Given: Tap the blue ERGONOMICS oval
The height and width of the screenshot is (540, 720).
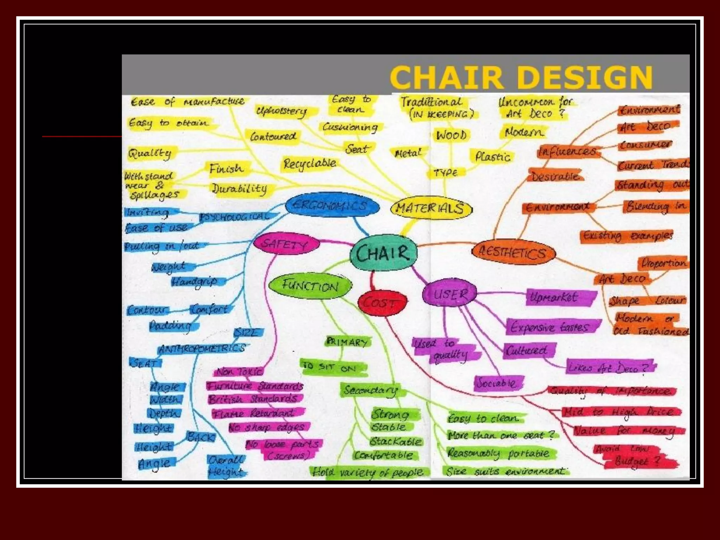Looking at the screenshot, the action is [332, 205].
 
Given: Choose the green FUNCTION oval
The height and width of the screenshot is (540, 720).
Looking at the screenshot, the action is [310, 286].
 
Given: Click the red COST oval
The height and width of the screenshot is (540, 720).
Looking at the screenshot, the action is [382, 303].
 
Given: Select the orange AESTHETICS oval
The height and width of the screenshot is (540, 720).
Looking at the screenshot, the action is [513, 252].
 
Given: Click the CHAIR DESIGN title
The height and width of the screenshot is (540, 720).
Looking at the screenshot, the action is [521, 77].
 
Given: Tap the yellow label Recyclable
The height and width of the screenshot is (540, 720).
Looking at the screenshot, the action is [310, 164].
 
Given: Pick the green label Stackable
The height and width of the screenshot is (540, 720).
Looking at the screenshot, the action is [396, 441].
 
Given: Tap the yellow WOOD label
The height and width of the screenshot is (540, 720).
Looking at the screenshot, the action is [451, 135].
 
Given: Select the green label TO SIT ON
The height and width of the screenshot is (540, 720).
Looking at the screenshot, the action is [330, 367].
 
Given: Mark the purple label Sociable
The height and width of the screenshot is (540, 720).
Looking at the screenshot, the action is [496, 383].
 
